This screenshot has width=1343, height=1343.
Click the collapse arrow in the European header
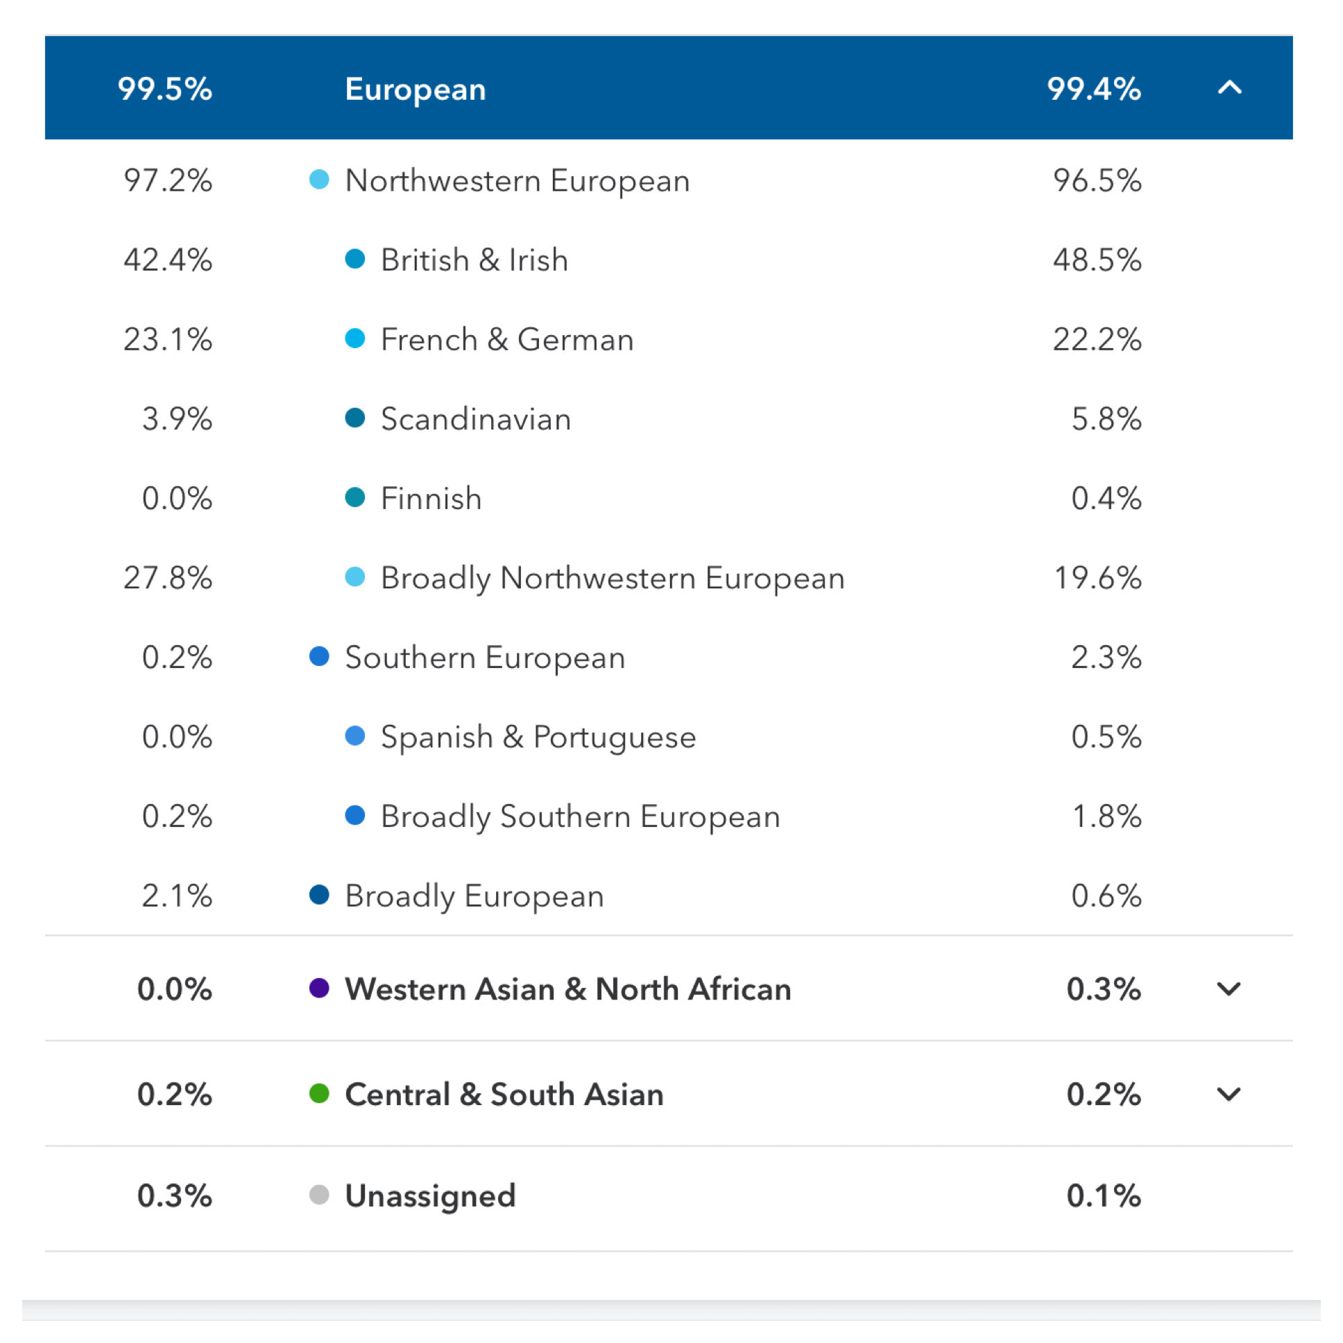pos(1229,87)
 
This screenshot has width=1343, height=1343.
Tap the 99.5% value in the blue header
pos(164,89)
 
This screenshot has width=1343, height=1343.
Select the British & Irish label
pos(474,260)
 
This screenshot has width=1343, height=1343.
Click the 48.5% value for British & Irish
pos(1096,260)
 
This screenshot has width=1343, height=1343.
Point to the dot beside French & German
pos(355,339)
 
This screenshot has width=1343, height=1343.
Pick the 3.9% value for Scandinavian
pos(177,419)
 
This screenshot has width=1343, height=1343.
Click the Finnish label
pos(431,498)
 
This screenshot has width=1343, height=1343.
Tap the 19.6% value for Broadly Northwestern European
pos(1097,578)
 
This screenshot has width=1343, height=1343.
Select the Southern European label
pos(484,658)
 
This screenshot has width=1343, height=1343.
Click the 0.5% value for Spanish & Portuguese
pos(1105,737)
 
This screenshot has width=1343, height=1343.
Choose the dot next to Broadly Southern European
pos(355,815)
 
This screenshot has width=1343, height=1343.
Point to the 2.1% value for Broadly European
pos(177,896)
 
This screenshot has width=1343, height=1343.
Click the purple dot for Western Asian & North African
pos(319,988)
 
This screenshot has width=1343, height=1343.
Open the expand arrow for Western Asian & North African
pos(1229,989)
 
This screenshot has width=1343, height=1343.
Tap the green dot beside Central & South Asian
pos(319,1093)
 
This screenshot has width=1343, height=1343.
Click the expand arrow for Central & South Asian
pos(1229,1094)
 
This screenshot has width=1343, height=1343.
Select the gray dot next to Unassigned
pos(319,1195)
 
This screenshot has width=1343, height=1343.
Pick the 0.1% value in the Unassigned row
pos(1103,1196)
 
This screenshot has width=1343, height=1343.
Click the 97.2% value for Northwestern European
pos(167,181)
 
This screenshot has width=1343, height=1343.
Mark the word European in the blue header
pos(415,89)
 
